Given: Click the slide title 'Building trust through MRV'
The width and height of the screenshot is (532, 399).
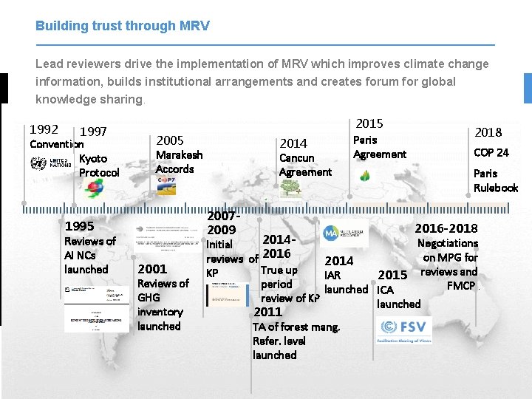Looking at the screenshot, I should [123, 26].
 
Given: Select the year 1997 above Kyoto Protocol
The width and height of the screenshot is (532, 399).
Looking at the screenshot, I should [93, 132].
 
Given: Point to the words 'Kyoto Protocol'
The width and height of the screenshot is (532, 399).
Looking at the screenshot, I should [99, 166].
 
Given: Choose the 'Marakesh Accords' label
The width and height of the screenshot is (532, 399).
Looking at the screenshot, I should [179, 162].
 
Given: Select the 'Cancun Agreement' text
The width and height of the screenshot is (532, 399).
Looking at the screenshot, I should [305, 165].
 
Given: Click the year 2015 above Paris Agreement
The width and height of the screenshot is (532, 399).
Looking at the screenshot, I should [369, 123].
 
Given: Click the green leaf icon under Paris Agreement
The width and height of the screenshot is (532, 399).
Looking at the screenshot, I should [364, 176].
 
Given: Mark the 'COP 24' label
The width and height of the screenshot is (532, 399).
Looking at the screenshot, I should [491, 153].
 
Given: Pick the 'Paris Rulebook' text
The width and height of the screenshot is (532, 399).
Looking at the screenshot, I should [495, 180].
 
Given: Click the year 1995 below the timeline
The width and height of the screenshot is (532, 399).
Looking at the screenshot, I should [80, 226].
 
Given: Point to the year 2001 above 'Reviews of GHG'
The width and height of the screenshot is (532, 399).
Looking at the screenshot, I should [152, 268].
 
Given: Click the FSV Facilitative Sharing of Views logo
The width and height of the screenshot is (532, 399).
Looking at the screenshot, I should [404, 330].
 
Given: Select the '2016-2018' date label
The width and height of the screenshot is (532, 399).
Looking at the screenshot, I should [446, 228].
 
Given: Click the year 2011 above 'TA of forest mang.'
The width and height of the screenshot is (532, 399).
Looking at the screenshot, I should [268, 312].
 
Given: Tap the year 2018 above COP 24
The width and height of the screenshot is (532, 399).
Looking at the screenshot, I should [488, 132].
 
